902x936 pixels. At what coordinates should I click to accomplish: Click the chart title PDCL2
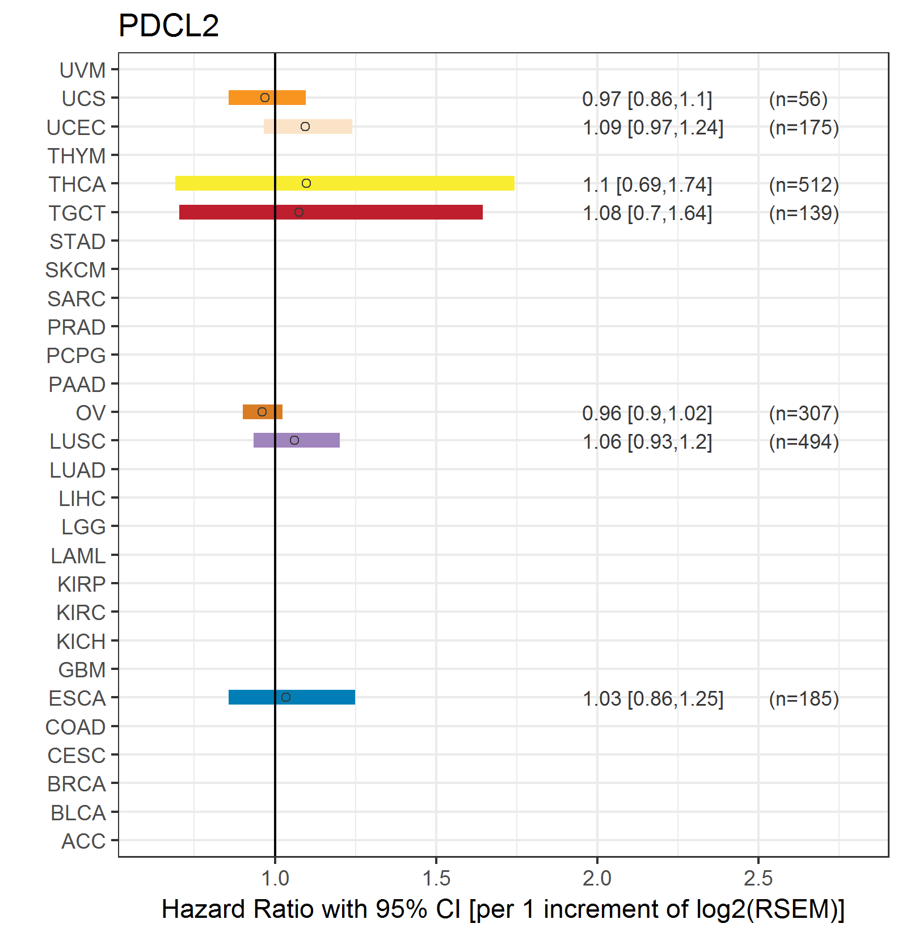click(168, 26)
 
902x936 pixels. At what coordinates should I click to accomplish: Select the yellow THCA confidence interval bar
click(397, 183)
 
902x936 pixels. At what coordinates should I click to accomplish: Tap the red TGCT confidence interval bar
click(386, 212)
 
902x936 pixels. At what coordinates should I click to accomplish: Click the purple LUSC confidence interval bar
click(318, 440)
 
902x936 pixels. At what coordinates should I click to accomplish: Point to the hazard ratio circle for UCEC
click(305, 127)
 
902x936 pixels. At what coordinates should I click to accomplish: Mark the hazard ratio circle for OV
click(262, 412)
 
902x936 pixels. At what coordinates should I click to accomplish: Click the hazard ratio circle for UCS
click(265, 98)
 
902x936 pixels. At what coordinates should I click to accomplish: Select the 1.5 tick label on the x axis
click(436, 879)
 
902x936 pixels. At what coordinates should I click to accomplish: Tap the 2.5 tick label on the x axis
click(758, 879)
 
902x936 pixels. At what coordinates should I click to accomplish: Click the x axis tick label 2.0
click(597, 879)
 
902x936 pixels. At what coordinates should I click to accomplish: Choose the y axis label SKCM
click(75, 270)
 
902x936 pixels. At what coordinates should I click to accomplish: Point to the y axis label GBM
click(82, 670)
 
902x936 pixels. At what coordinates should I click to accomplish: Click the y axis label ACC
click(83, 841)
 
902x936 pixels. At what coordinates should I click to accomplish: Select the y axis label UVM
click(82, 70)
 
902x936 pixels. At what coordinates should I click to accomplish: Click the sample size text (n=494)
click(804, 441)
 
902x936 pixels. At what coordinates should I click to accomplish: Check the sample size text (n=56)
click(798, 99)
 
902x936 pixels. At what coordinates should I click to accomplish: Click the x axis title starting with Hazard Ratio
click(503, 909)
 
